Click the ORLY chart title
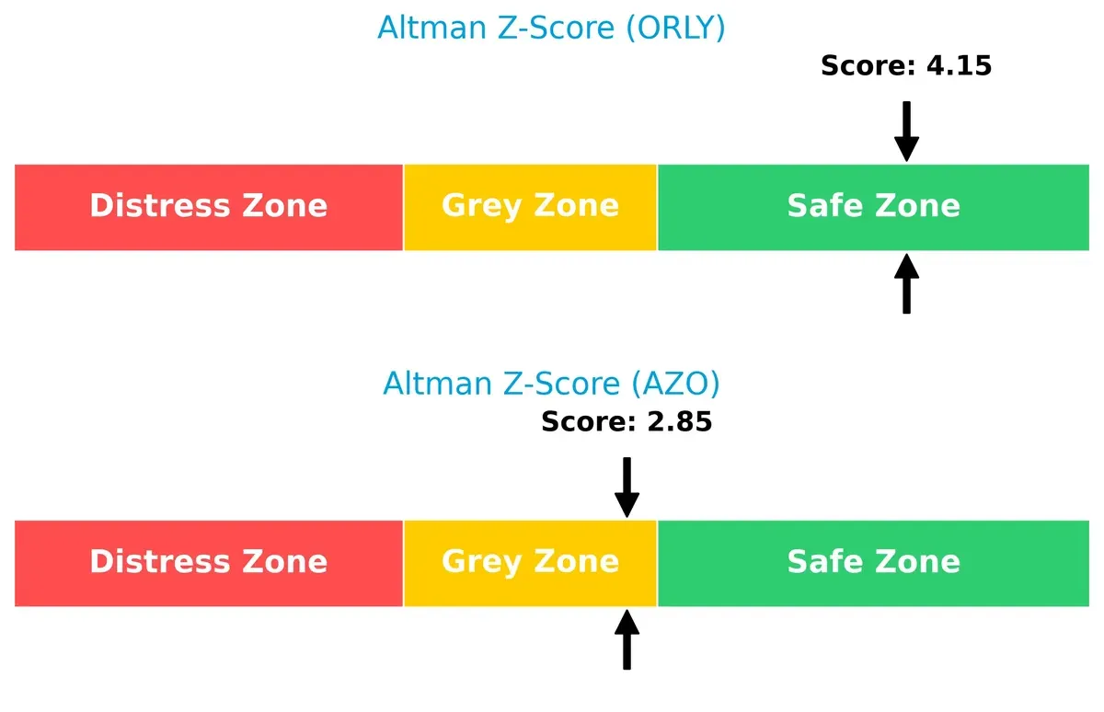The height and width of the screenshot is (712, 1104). (551, 28)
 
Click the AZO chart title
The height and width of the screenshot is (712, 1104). (551, 383)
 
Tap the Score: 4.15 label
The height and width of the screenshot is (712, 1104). (905, 65)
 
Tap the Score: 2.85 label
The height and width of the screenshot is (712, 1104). (627, 421)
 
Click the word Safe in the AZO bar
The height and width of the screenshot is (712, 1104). (822, 562)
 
